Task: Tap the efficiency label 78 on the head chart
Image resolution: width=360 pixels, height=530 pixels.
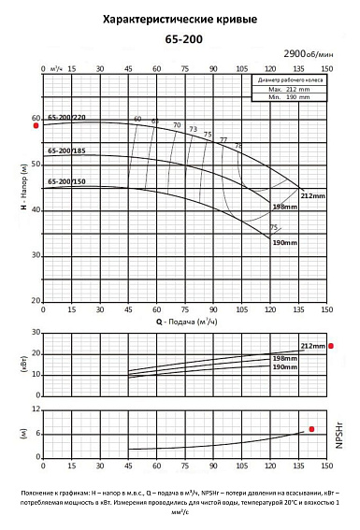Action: tap(238, 146)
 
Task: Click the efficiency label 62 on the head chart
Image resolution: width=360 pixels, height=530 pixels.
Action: tap(155, 121)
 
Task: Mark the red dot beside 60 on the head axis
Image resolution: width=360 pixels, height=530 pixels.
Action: tap(36, 125)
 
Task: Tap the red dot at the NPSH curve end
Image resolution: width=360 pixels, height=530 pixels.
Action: tap(312, 429)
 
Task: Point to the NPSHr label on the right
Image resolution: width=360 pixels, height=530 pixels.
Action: tap(340, 436)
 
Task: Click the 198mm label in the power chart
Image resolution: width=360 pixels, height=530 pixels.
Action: tap(284, 359)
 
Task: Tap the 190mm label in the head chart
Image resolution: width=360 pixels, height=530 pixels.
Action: tap(284, 242)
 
